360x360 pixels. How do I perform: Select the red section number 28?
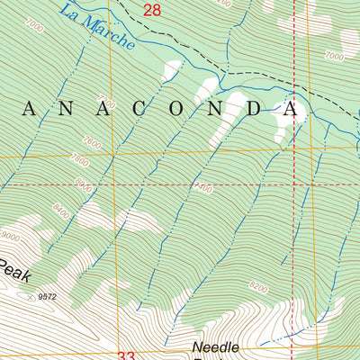pos(152,10)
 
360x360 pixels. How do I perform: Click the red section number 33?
pos(126,355)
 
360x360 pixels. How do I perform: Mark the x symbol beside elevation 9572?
pos(32,294)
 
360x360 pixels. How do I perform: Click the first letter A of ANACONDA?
pos(30,109)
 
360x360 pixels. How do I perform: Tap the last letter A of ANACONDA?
pos(290,109)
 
